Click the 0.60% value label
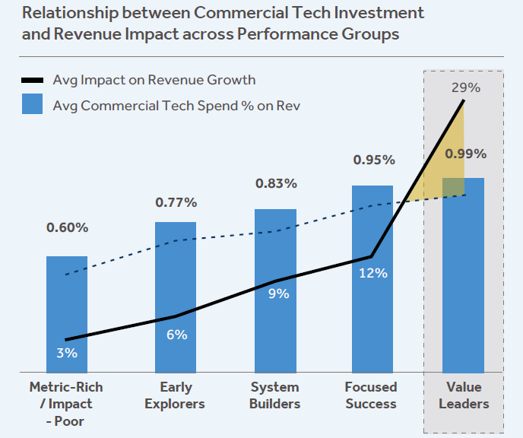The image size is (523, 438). [67, 227]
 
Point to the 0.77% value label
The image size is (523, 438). [176, 202]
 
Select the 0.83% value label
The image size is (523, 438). [274, 183]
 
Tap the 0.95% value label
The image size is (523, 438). [373, 160]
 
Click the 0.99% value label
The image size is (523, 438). [465, 154]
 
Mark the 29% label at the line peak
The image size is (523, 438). [465, 87]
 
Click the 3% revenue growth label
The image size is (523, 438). [67, 353]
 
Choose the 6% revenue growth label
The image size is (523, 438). [176, 335]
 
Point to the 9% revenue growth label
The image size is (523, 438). [279, 294]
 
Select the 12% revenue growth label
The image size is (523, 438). [373, 273]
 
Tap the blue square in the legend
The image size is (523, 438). [33, 105]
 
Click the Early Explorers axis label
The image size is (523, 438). [176, 395]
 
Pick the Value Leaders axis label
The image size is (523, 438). [463, 395]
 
